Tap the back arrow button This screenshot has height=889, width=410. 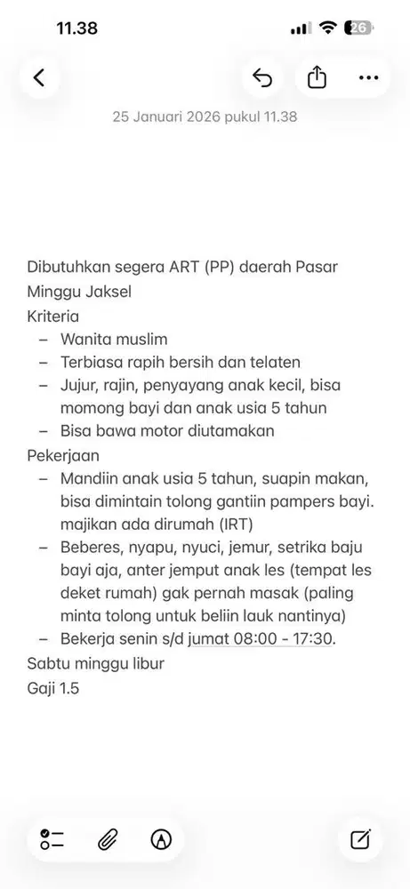coord(38,77)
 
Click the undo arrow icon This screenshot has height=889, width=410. coord(262,77)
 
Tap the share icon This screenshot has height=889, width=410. coord(317,77)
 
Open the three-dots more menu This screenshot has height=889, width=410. coord(368,77)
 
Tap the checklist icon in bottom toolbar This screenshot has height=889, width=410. coord(52,838)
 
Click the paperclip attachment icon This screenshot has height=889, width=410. coord(108,838)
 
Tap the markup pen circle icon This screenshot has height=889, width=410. coord(161,838)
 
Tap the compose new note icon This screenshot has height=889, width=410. coord(360,838)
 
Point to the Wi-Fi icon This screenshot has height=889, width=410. coord(327,28)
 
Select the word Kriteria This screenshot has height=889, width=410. coord(52,316)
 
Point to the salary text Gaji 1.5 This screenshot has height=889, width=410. coord(52,687)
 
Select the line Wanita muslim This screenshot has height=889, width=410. coord(114,339)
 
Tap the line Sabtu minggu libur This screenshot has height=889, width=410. coord(95,663)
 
